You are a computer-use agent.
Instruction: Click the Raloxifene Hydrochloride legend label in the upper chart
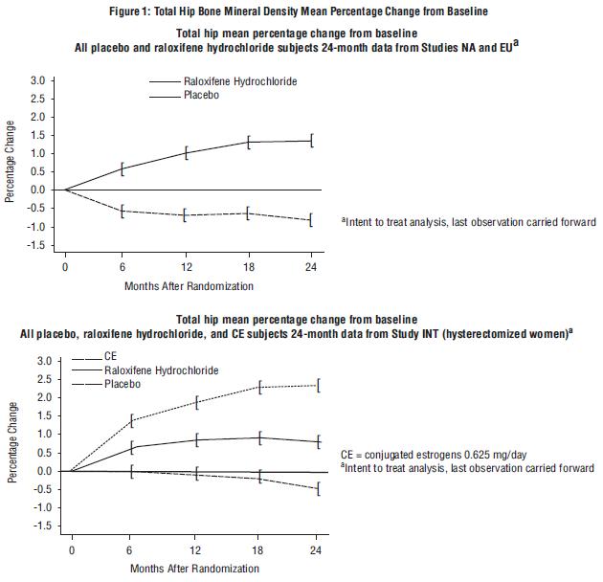click(239, 82)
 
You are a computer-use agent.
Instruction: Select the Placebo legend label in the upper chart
click(201, 96)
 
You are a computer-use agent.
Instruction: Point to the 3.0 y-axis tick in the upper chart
click(36, 79)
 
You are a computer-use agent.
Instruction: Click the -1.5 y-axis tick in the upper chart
click(34, 246)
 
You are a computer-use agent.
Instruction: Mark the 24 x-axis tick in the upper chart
click(311, 268)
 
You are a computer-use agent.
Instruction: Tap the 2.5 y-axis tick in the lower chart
click(43, 379)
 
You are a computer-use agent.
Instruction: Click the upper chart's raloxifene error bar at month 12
click(187, 152)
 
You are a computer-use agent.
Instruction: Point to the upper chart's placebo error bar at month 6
click(122, 212)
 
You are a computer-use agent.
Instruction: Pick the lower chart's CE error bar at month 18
click(258, 388)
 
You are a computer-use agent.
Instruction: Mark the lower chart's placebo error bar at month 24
click(319, 489)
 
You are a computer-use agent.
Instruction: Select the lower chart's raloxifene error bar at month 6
click(132, 447)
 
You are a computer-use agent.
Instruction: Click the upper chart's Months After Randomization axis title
click(188, 286)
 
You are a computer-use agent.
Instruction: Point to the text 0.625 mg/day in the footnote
click(489, 454)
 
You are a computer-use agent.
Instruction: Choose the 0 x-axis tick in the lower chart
click(71, 550)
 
